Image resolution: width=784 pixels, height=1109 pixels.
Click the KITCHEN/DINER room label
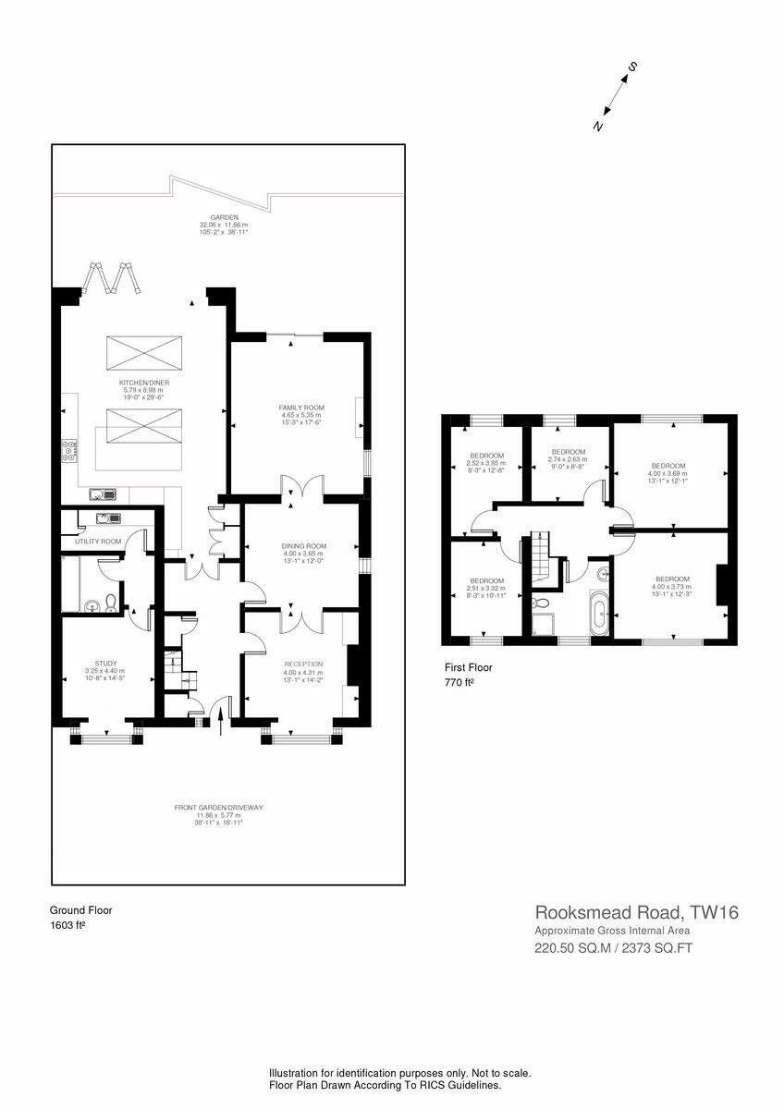143,382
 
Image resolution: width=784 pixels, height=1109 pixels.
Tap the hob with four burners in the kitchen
68,452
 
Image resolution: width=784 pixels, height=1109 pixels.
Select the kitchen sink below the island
102,494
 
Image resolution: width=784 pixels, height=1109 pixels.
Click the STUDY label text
104,663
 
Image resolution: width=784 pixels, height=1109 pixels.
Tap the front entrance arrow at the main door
219,716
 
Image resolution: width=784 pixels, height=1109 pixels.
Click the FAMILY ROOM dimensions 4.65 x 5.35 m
298,415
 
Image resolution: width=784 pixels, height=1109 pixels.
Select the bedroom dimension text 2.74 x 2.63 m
568,459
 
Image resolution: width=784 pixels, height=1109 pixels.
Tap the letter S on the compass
633,67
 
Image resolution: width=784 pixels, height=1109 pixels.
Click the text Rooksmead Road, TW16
637,913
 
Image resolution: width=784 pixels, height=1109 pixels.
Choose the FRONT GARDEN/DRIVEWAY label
219,808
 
